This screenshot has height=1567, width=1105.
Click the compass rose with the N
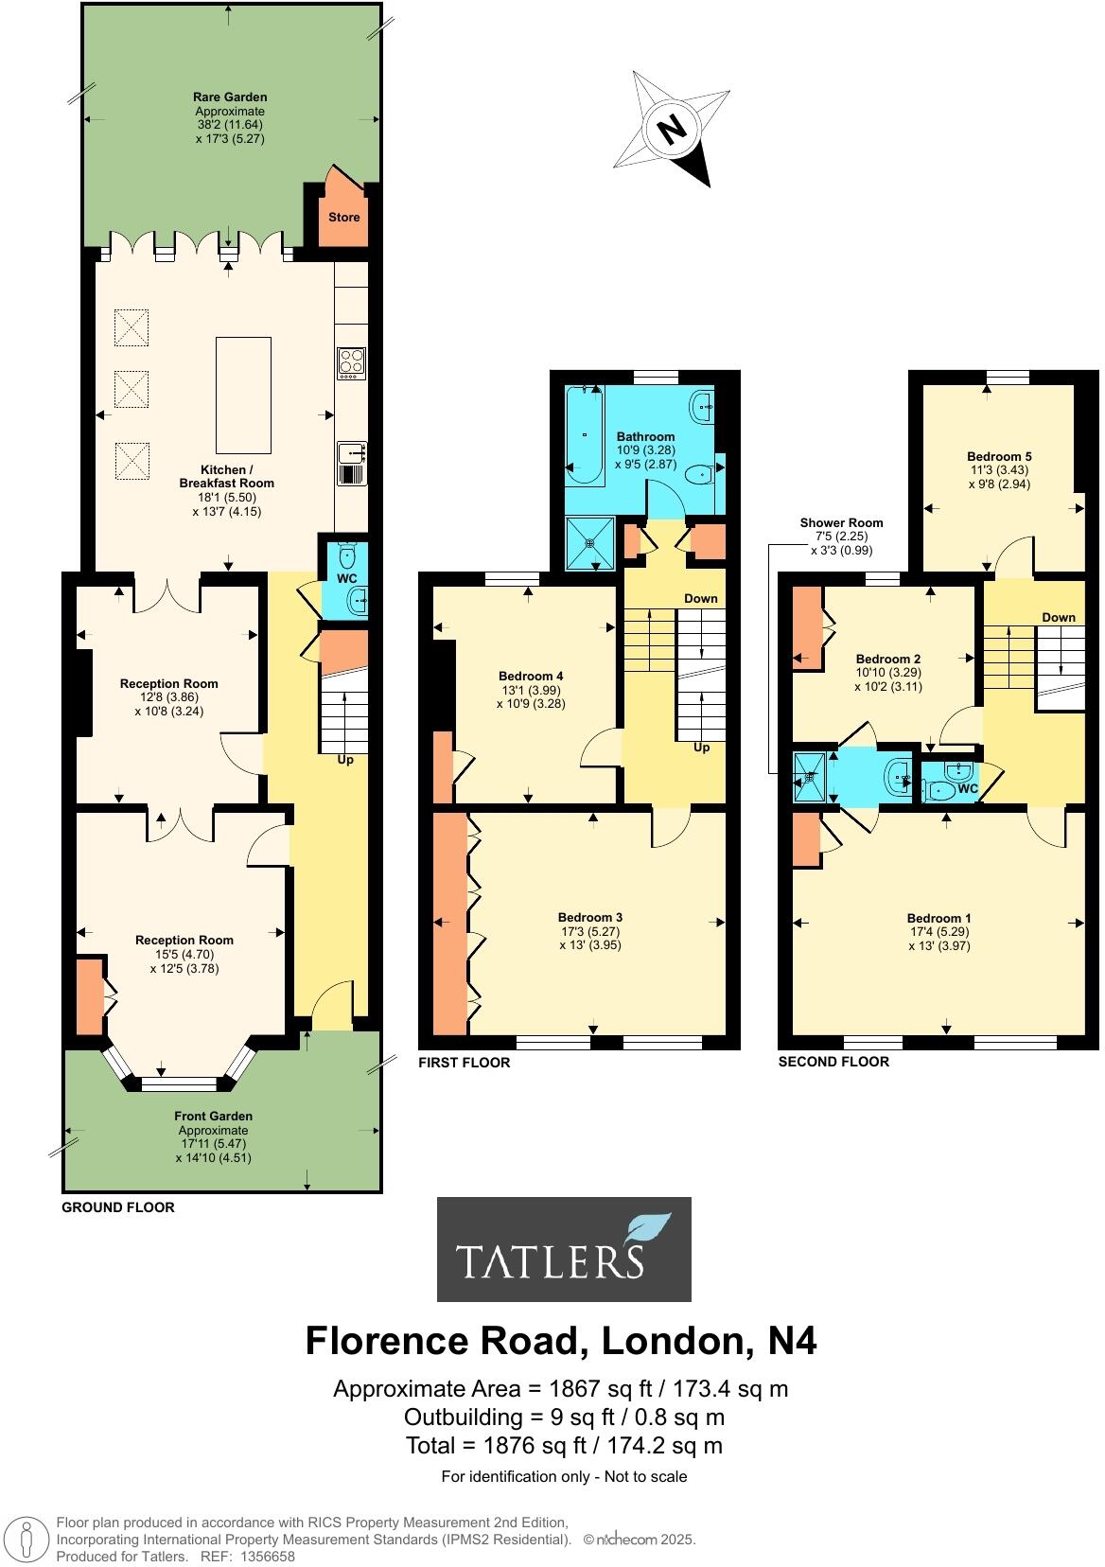(x=672, y=129)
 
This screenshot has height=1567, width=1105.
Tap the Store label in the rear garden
(x=343, y=217)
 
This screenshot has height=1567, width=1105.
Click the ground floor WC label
(x=346, y=578)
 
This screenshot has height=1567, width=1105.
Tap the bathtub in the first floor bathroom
(x=585, y=434)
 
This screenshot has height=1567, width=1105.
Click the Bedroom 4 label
(x=531, y=676)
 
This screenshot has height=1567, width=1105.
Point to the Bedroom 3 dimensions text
(x=589, y=938)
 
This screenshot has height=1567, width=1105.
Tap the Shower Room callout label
(x=841, y=522)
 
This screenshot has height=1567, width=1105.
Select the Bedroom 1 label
(x=938, y=918)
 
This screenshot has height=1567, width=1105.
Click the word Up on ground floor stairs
(x=345, y=759)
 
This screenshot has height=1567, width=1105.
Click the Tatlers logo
(x=564, y=1249)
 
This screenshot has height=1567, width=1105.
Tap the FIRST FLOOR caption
(x=464, y=1063)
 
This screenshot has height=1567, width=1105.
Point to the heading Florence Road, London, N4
(x=560, y=1341)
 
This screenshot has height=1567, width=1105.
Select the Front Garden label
(x=213, y=1117)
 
